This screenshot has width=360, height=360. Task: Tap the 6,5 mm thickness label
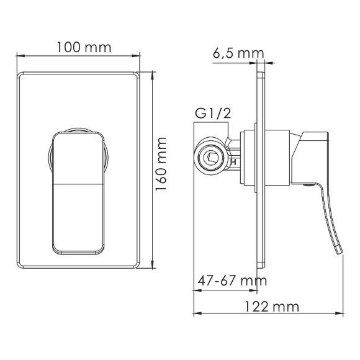(x=238, y=53)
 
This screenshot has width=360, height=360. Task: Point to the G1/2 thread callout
(x=209, y=114)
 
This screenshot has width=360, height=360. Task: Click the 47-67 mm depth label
(x=228, y=281)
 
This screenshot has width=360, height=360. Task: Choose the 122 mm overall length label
(x=271, y=307)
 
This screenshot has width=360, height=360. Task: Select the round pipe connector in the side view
(x=214, y=158)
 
